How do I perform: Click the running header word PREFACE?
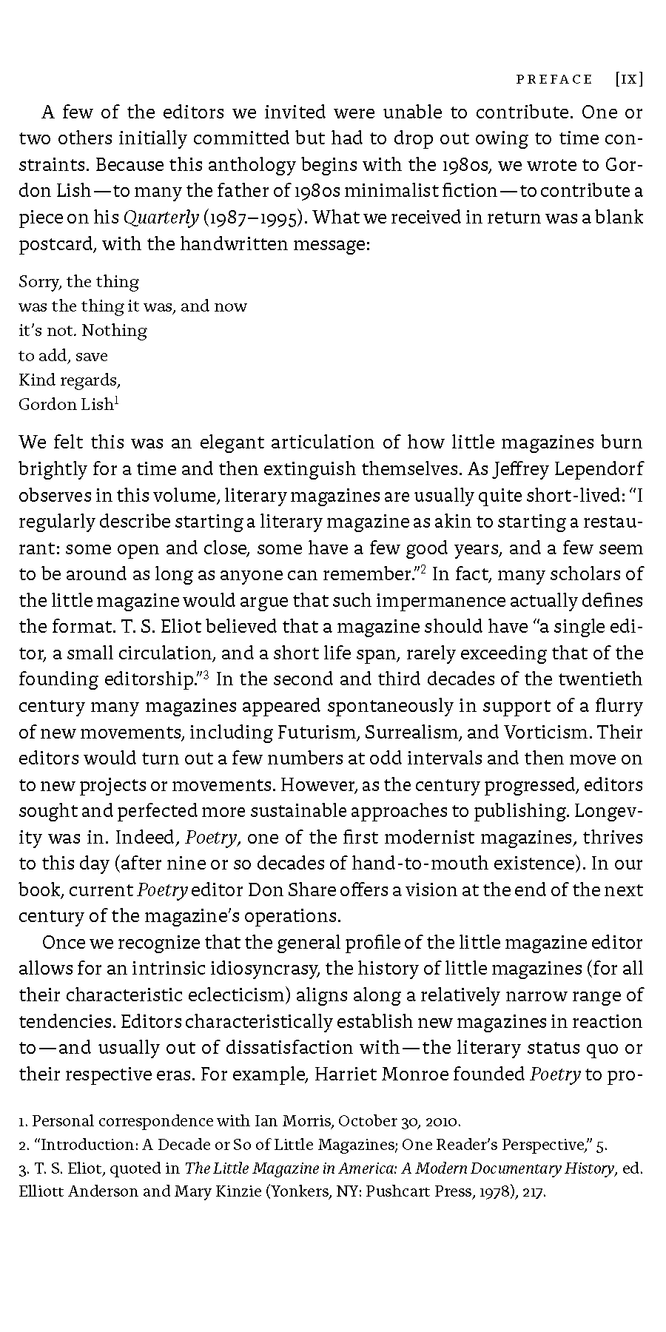pyautogui.click(x=554, y=79)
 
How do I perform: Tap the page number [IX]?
pyautogui.click(x=628, y=79)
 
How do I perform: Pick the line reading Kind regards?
pyautogui.click(x=70, y=380)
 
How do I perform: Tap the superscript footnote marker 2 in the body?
pyautogui.click(x=423, y=568)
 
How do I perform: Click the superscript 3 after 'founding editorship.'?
pyautogui.click(x=209, y=673)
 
